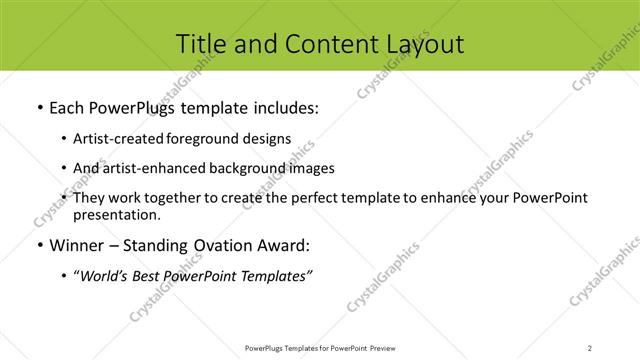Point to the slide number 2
590,347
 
